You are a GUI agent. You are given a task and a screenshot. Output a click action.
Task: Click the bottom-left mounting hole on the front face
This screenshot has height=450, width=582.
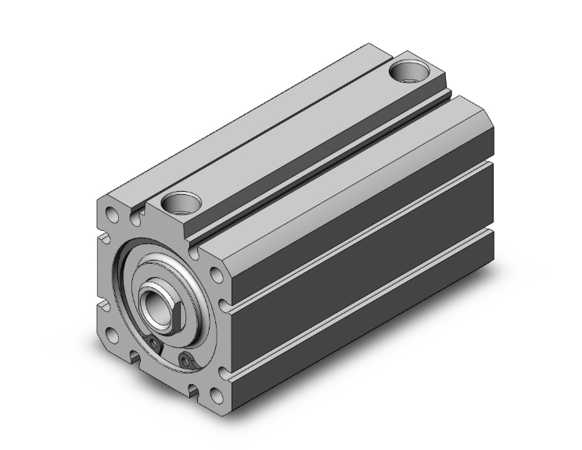point(114,336)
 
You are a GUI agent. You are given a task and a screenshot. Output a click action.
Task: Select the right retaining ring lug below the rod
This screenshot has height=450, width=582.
point(185,358)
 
